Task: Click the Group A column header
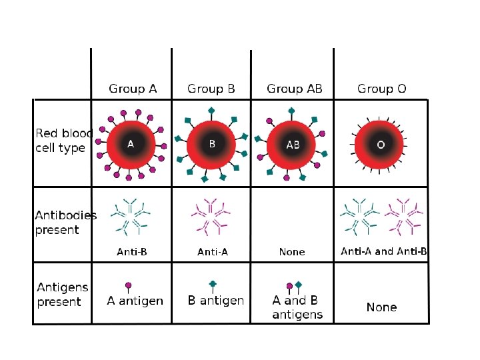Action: pyautogui.click(x=133, y=89)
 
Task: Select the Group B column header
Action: pyautogui.click(x=211, y=89)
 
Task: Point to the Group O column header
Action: pyautogui.click(x=382, y=89)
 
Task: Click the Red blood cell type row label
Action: pyautogui.click(x=61, y=141)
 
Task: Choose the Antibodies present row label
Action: pyautogui.click(x=65, y=223)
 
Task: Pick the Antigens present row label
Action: pyautogui.click(x=62, y=295)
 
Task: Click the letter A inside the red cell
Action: pyautogui.click(x=131, y=143)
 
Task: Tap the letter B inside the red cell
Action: pyautogui.click(x=212, y=143)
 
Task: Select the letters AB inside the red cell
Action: pyautogui.click(x=293, y=144)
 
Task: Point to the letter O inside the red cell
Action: pyautogui.click(x=381, y=144)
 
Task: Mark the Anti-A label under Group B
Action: pyautogui.click(x=213, y=252)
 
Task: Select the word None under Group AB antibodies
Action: pyautogui.click(x=292, y=252)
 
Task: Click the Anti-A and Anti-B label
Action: pyautogui.click(x=384, y=251)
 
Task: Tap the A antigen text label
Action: pyautogui.click(x=135, y=301)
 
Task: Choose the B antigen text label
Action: pyautogui.click(x=215, y=301)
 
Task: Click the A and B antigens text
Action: pyautogui.click(x=297, y=307)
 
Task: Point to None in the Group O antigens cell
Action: pyautogui.click(x=381, y=307)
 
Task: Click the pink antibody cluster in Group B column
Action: pyautogui.click(x=211, y=216)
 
